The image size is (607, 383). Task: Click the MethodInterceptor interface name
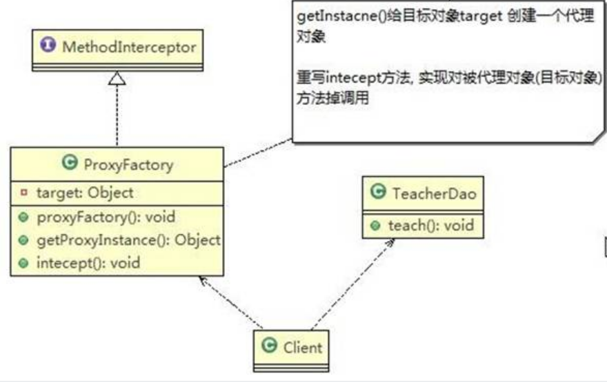[129, 48]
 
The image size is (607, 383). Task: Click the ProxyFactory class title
[128, 164]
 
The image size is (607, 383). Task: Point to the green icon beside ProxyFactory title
[68, 164]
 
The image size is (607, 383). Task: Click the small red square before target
[23, 193]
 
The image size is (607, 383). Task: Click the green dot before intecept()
[23, 263]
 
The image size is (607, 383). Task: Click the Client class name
[302, 346]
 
